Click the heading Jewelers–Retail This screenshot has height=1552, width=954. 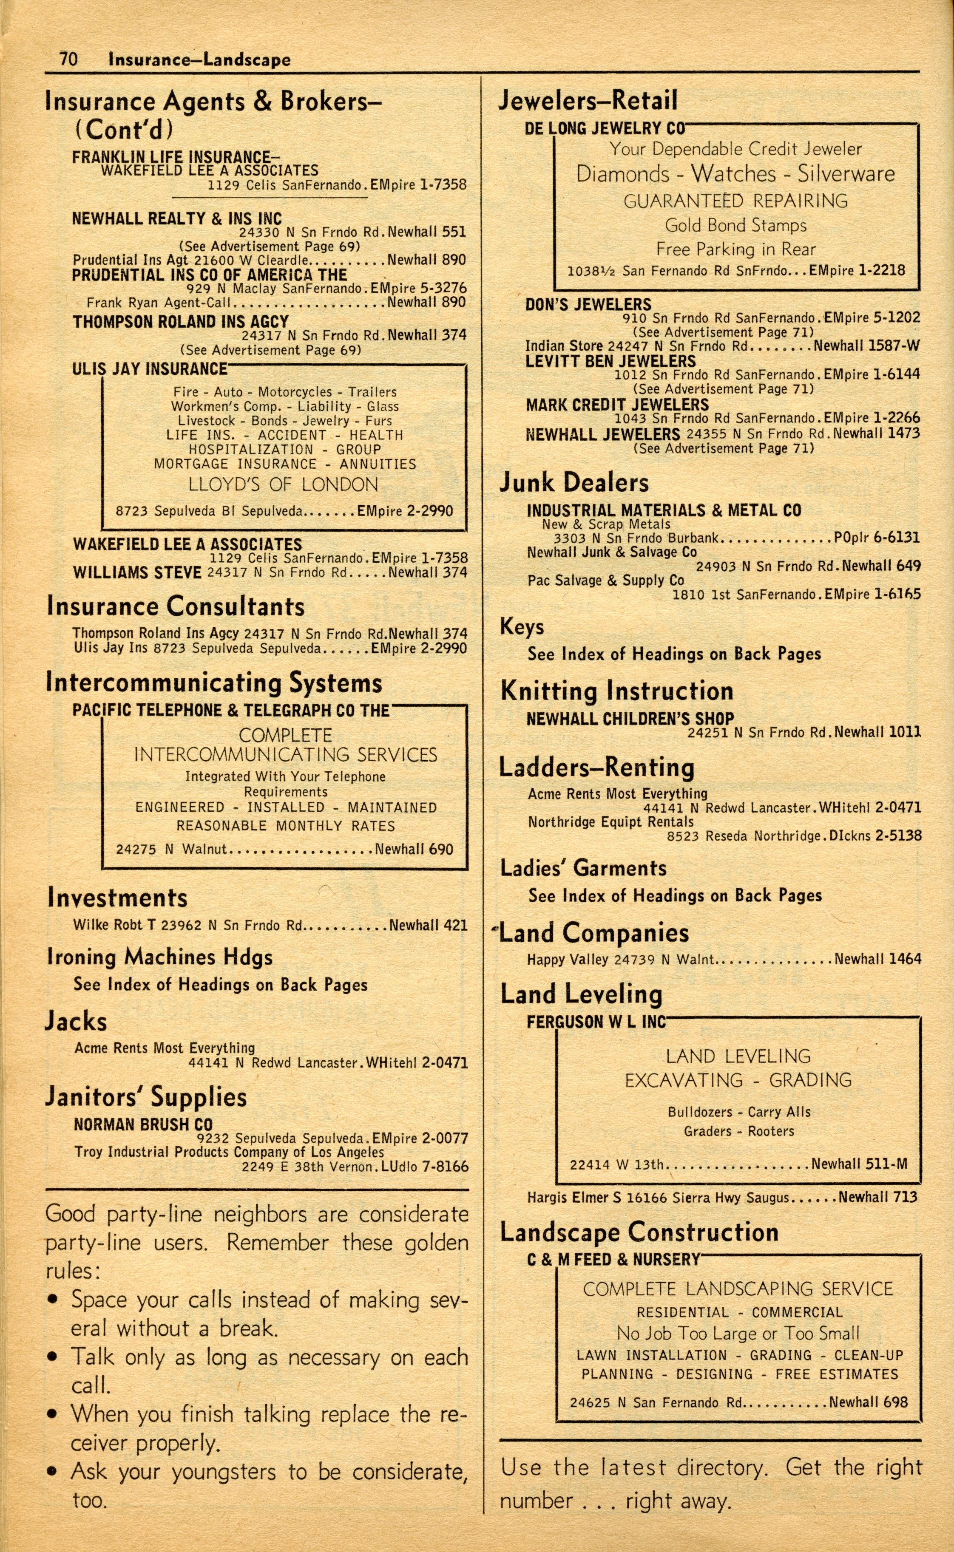[588, 101]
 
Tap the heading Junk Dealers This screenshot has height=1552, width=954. [574, 482]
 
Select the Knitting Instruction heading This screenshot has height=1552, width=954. [616, 691]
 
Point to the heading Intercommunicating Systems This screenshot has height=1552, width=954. [214, 683]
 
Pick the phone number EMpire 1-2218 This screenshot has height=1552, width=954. [856, 271]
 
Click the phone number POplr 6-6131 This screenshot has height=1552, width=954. [876, 538]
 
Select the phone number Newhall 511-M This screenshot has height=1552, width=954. [859, 1164]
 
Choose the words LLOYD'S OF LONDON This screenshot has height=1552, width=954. [283, 485]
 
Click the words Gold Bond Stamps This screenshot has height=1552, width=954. [735, 226]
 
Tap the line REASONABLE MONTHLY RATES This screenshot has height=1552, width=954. [285, 826]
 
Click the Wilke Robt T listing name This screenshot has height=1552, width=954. [114, 926]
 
